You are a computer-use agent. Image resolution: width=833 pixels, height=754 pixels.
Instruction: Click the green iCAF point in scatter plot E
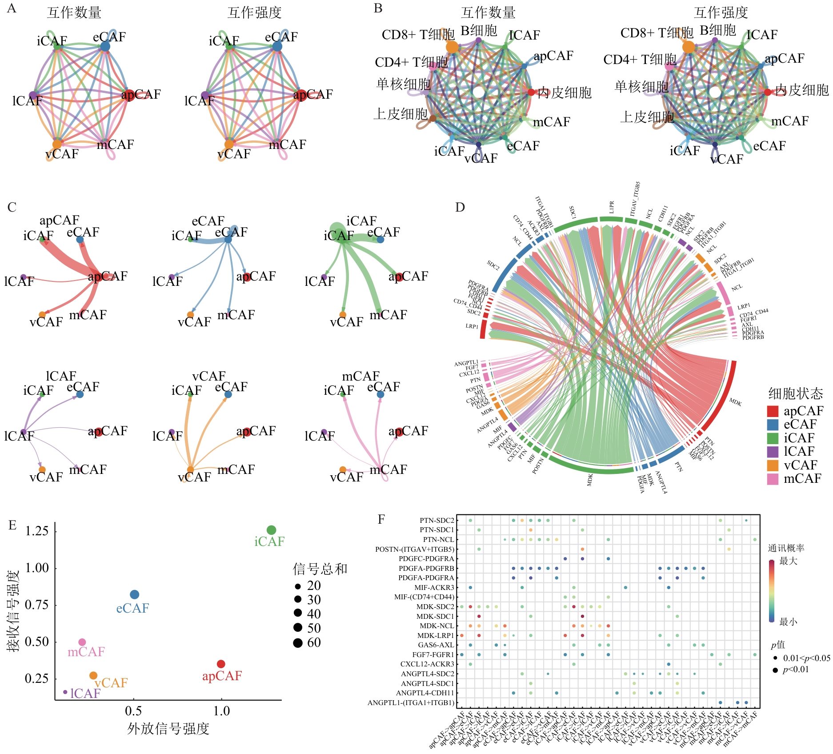coord(271,530)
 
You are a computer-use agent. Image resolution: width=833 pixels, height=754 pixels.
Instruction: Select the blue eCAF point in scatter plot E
coord(134,594)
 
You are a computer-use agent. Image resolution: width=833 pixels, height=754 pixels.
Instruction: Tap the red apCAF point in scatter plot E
coord(221,664)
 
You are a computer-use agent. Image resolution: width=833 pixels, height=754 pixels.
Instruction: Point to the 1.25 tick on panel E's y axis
coord(37,531)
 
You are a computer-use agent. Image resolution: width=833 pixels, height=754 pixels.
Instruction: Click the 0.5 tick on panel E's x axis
coord(133,711)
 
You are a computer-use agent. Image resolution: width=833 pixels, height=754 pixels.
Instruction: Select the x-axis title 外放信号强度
coord(168,729)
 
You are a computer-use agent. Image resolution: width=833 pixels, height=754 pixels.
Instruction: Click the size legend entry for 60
coord(307,642)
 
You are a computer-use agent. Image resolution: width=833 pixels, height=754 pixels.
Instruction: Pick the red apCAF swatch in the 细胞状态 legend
coord(773,411)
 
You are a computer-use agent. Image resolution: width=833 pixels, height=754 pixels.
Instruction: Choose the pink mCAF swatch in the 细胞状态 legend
coord(773,479)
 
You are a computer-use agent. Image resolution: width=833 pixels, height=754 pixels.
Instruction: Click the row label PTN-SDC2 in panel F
coord(437,520)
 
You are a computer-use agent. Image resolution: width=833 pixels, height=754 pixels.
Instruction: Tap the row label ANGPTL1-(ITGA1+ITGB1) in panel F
coord(411,703)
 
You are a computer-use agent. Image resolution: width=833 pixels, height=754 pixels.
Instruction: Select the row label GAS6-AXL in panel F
coord(436,645)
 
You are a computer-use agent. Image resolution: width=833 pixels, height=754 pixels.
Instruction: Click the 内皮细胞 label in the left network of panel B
coord(564,92)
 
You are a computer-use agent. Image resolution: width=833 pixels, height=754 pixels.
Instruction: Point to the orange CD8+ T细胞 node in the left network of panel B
coord(452,46)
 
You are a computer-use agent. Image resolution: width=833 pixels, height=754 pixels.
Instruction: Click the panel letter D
coord(460,207)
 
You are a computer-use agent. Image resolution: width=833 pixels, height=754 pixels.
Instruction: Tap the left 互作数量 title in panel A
coord(74,12)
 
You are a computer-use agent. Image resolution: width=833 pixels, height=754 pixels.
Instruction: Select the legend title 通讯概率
coord(786,548)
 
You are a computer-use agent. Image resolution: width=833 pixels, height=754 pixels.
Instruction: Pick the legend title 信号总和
coord(320,569)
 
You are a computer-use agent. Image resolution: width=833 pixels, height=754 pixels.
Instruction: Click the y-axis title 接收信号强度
coord(14,611)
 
